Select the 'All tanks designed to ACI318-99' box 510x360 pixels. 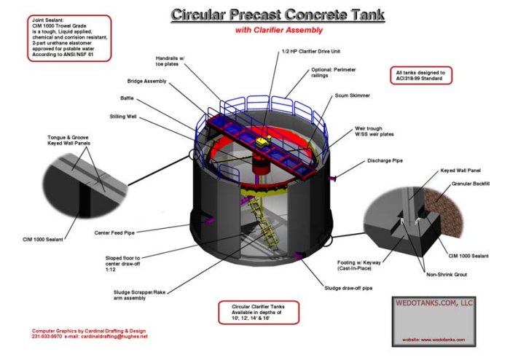click(422, 76)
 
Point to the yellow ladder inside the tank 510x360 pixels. click(259, 218)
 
